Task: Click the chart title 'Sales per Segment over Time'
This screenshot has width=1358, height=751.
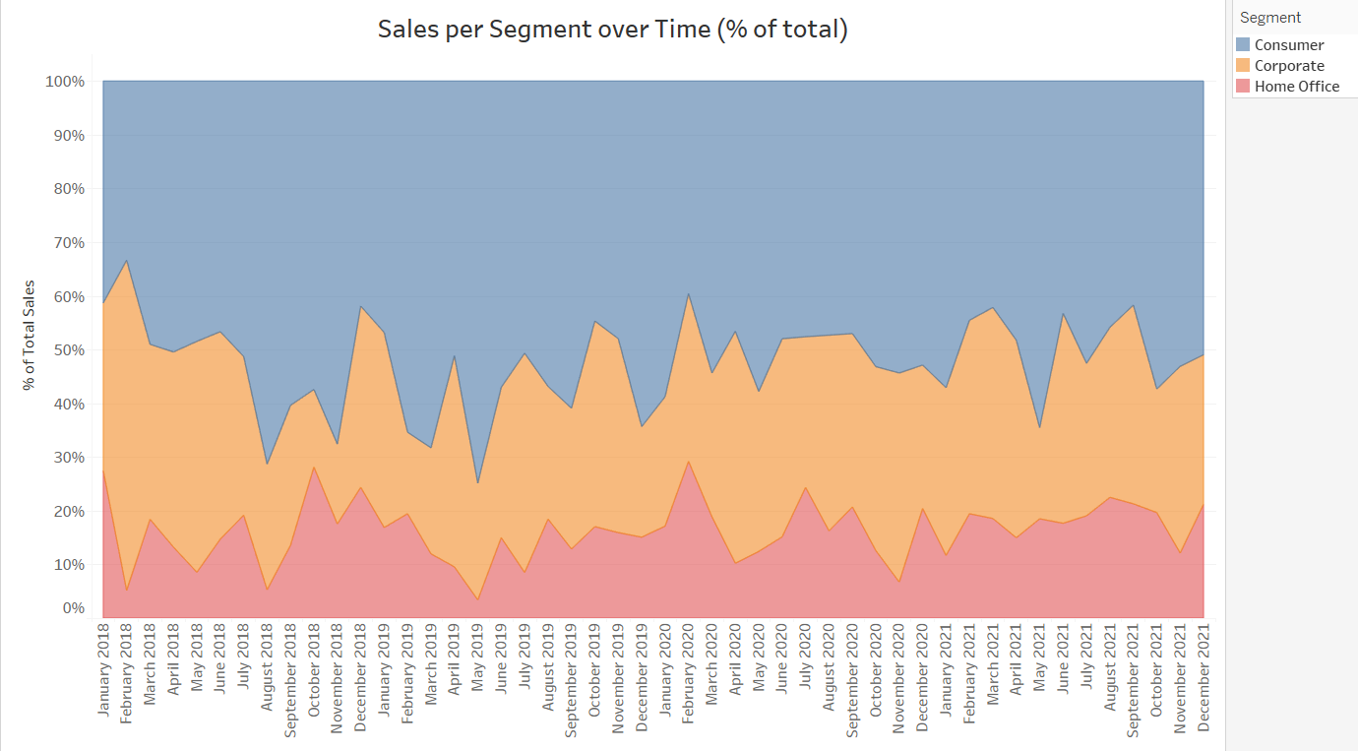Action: [x=612, y=30]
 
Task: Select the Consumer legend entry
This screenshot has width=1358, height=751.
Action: [x=1288, y=45]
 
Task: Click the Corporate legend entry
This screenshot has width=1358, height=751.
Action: [x=1288, y=66]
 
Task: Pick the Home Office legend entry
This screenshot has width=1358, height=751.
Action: [x=1296, y=87]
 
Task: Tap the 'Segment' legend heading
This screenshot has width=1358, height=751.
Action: [x=1270, y=18]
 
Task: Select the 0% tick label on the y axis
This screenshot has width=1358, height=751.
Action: [x=74, y=608]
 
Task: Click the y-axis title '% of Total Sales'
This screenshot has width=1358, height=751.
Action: [x=30, y=335]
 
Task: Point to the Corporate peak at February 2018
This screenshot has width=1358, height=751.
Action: [x=127, y=261]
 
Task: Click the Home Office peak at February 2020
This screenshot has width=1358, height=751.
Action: [x=689, y=462]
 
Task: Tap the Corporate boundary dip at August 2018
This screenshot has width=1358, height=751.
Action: [x=268, y=464]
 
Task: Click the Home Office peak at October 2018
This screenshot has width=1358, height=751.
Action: [x=314, y=467]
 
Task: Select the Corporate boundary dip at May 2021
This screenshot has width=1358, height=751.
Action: [x=1040, y=427]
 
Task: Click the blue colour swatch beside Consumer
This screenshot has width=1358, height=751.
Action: [x=1243, y=45]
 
